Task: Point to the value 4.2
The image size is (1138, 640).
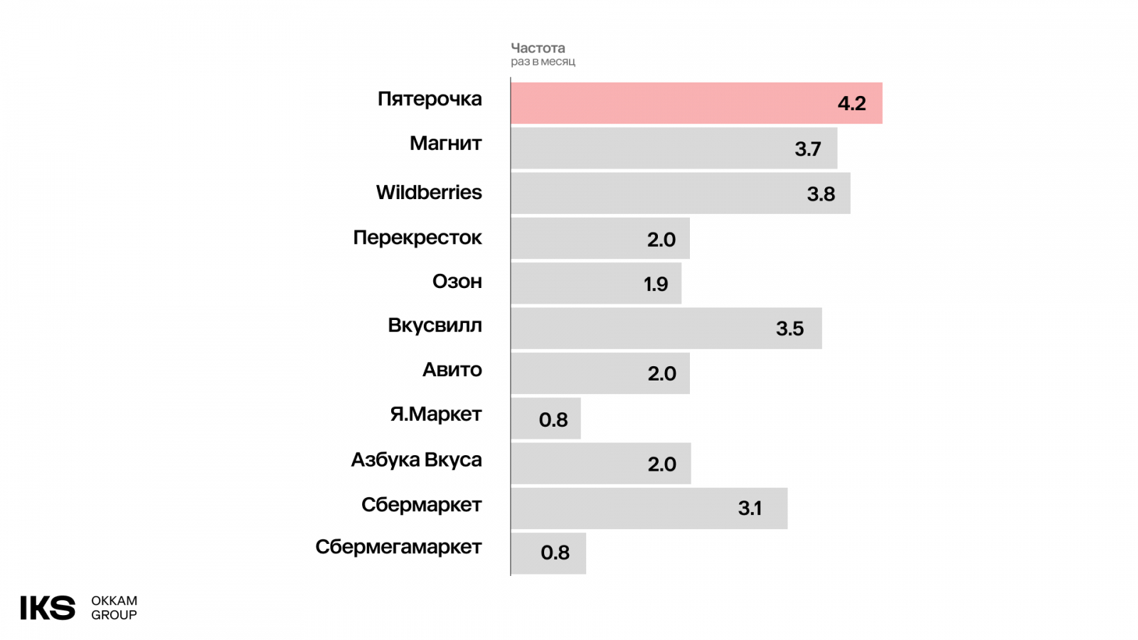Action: tap(851, 104)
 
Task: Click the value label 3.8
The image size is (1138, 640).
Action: tap(821, 194)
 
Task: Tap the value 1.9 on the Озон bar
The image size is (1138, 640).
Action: tap(656, 284)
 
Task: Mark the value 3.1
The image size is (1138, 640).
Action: tap(750, 508)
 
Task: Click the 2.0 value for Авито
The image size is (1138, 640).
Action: tap(661, 374)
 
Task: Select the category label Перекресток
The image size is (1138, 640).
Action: tap(418, 238)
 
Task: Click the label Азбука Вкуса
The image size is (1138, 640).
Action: tap(416, 460)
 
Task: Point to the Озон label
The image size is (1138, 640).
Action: tap(457, 282)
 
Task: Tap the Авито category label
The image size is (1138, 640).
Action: tap(452, 370)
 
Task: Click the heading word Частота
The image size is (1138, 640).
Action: tap(538, 48)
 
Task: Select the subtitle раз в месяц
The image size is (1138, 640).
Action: tap(543, 62)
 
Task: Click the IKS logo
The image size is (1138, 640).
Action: tap(48, 608)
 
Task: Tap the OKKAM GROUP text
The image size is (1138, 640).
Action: tap(114, 608)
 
